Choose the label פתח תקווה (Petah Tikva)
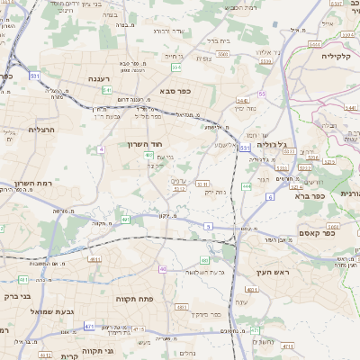coord(137,298)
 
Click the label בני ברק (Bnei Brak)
coord(18,294)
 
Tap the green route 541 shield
coord(107,90)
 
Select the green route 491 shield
coord(126,220)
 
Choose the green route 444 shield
coord(246,186)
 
